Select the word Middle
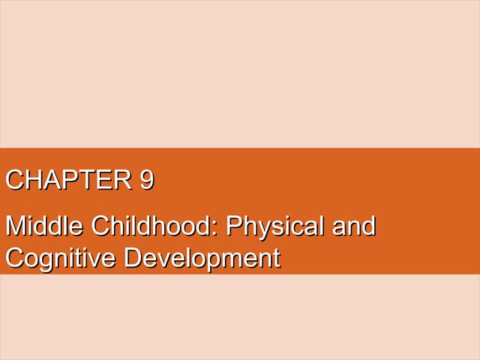point(44,226)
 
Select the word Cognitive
point(60,259)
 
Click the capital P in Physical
point(233,226)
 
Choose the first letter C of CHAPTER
point(14,181)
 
